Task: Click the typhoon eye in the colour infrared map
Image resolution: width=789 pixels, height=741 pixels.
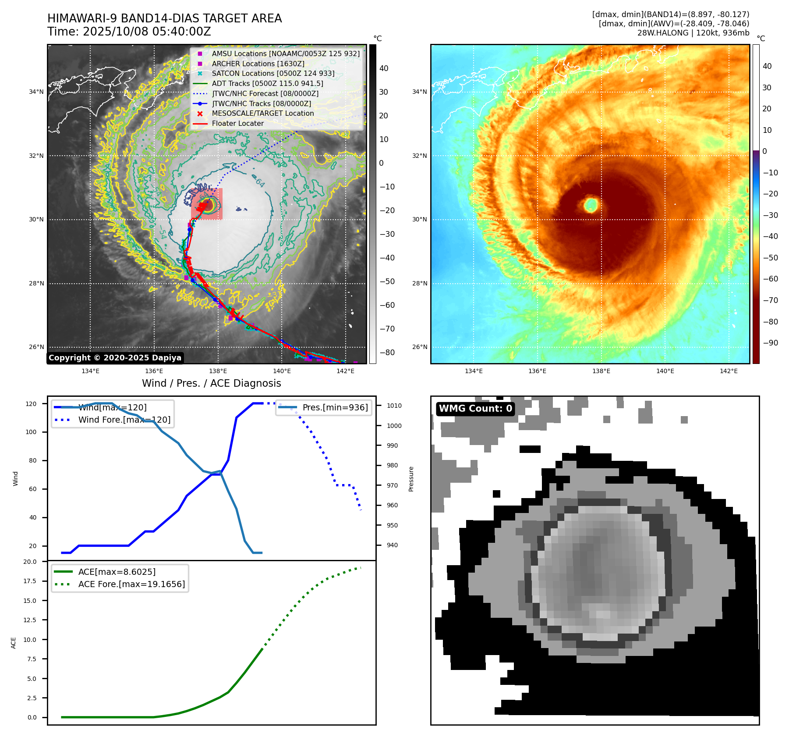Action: pyautogui.click(x=591, y=205)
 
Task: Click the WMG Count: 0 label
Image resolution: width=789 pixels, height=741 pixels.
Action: pyautogui.click(x=475, y=409)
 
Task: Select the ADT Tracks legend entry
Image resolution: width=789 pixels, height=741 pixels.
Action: pyautogui.click(x=267, y=83)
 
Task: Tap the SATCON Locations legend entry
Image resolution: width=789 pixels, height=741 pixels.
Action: pyautogui.click(x=273, y=73)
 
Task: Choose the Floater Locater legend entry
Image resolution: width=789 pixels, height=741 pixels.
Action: pyautogui.click(x=237, y=124)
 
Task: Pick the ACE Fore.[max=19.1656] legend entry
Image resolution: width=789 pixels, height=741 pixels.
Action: pyautogui.click(x=131, y=584)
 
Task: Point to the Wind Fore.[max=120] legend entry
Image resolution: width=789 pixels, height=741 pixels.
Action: pyautogui.click(x=124, y=420)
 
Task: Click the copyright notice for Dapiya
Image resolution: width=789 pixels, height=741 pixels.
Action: pyautogui.click(x=115, y=358)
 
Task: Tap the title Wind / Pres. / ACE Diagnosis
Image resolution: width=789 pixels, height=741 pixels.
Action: pyautogui.click(x=212, y=383)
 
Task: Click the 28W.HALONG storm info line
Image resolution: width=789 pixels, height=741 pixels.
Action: pyautogui.click(x=693, y=33)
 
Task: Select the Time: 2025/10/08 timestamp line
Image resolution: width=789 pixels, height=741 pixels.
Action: pyautogui.click(x=129, y=32)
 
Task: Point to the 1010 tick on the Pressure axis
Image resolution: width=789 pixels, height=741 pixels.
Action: pyautogui.click(x=394, y=406)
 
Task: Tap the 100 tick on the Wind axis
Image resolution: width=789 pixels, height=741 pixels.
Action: pyautogui.click(x=31, y=432)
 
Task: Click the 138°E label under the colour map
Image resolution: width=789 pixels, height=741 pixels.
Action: pyautogui.click(x=601, y=371)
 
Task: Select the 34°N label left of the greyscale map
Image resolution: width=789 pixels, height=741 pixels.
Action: pyautogui.click(x=36, y=92)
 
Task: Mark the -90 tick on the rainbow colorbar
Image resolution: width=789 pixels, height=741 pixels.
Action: pyautogui.click(x=770, y=343)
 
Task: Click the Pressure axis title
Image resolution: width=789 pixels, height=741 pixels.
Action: pyautogui.click(x=411, y=479)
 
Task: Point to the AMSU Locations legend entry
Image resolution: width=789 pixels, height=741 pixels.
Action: pyautogui.click(x=286, y=53)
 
